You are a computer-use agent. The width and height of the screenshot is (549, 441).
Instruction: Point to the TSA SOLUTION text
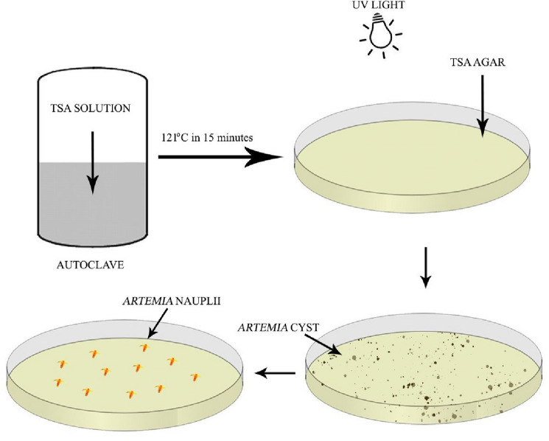(91, 109)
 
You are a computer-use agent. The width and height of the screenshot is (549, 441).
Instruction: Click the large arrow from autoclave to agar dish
(220, 156)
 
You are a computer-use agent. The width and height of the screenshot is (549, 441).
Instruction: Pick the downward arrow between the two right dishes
(425, 272)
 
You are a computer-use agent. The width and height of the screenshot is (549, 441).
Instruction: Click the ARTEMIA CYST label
(278, 324)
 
